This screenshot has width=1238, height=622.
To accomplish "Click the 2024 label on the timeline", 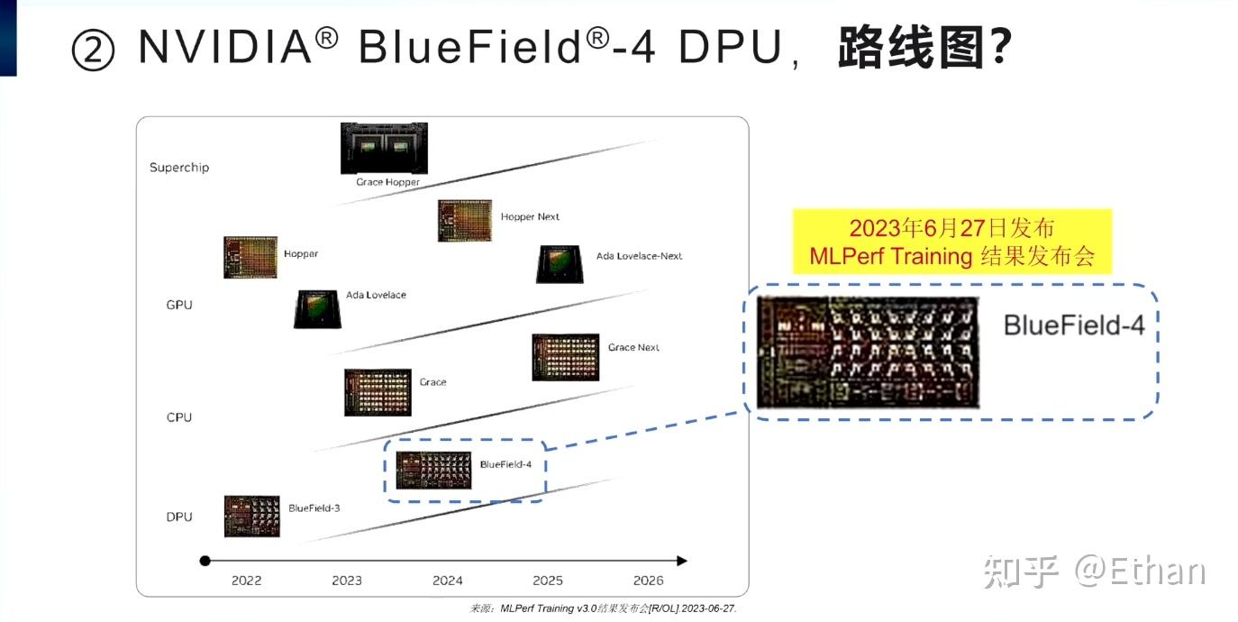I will coord(447,581).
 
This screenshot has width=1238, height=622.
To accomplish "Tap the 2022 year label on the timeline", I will coord(246,581).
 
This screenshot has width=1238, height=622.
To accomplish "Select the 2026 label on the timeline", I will coord(648,581).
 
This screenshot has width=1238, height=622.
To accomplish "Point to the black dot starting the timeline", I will coord(205,561).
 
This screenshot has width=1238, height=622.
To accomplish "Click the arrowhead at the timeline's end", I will coord(681,561).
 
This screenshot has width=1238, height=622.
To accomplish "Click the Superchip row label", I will coord(179,168).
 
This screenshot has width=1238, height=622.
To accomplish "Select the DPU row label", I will coord(179,517).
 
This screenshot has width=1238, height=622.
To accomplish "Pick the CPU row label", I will coord(179,417).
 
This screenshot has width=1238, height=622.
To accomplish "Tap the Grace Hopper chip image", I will coord(384,148).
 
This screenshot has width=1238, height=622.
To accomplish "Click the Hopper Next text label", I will coord(530,217).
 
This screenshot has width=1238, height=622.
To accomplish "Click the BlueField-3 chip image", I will coord(251,516).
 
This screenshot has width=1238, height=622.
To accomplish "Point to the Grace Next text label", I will coord(633,348).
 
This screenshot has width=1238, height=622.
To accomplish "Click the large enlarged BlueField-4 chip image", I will coord(868,352).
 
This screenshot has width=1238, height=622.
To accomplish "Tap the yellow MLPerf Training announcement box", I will coord(951,242).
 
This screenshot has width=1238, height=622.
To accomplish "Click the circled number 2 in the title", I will coord(93,50).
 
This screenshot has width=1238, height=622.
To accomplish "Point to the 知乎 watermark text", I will coord(1020,572).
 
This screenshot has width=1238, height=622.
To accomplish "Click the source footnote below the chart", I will coord(603,608).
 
